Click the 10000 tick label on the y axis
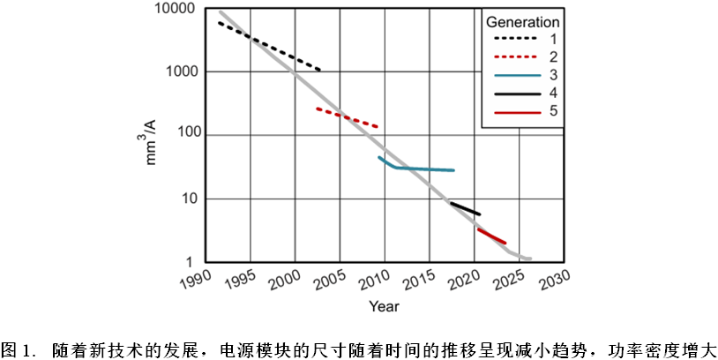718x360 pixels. point(176,10)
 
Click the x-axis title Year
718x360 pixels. point(384,307)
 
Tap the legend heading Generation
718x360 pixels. point(522,21)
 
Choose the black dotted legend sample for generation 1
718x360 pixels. point(513,40)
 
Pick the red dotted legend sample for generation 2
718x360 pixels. point(513,57)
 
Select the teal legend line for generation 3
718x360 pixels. point(513,75)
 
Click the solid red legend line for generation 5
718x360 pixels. point(513,111)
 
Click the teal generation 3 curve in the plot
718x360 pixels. point(423,169)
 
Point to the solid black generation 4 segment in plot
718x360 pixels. point(465,209)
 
